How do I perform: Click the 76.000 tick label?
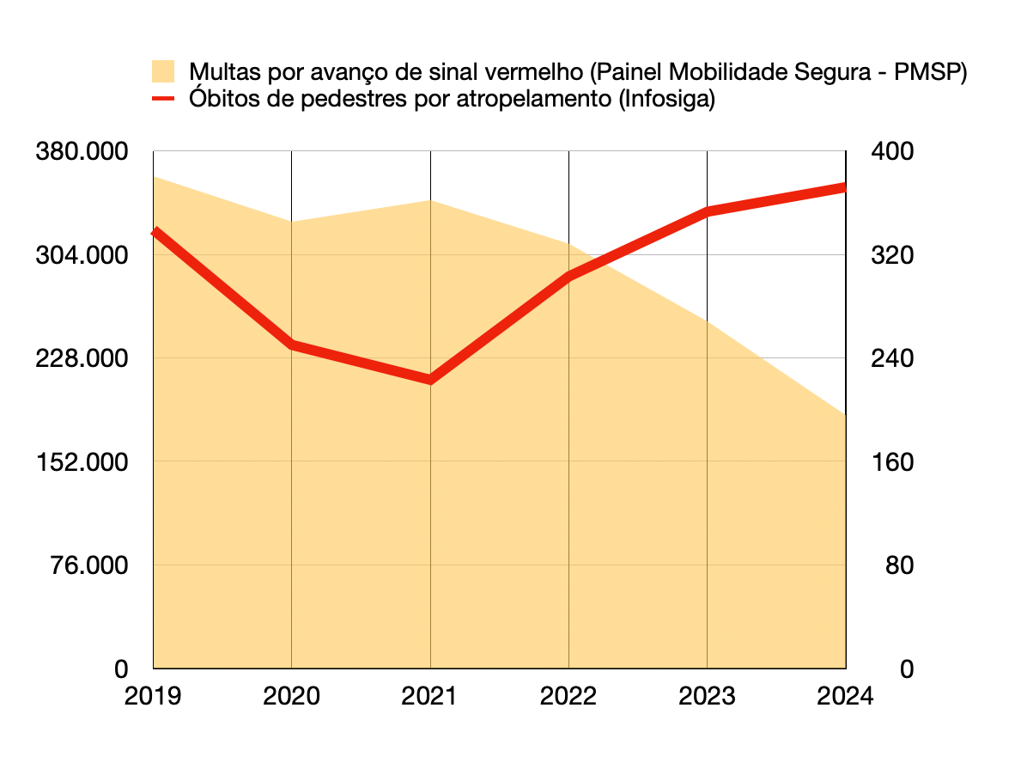pyautogui.click(x=89, y=565)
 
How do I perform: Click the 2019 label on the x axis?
pyautogui.click(x=153, y=695)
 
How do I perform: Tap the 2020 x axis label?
pyautogui.click(x=292, y=695)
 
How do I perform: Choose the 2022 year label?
pyautogui.click(x=568, y=695)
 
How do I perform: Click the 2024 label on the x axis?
pyautogui.click(x=845, y=695)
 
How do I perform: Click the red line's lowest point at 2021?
pyautogui.click(x=430, y=379)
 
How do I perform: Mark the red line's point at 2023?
pyautogui.click(x=707, y=211)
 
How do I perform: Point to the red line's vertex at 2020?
pyautogui.click(x=292, y=345)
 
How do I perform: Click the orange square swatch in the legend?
pyautogui.click(x=163, y=72)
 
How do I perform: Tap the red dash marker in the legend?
pyautogui.click(x=163, y=99)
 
